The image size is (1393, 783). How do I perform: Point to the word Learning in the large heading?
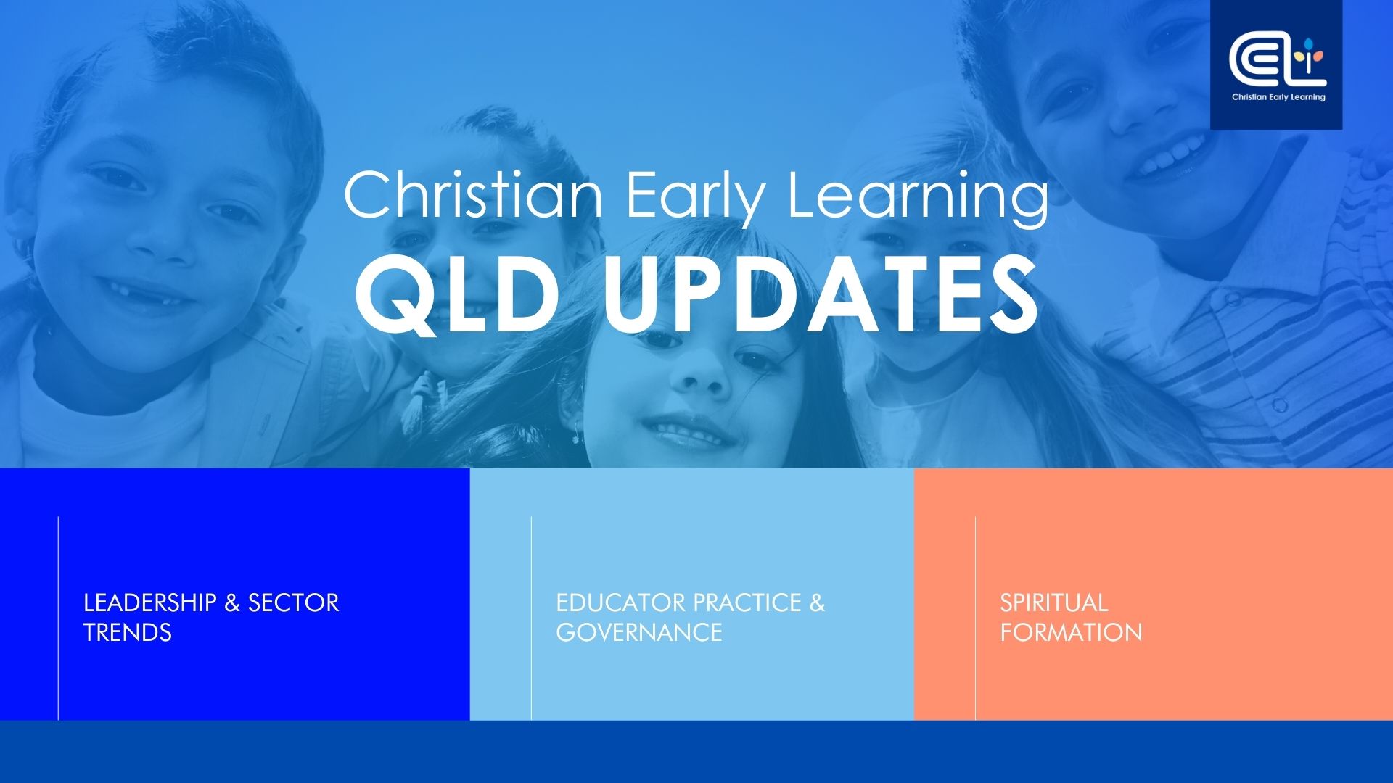(x=918, y=196)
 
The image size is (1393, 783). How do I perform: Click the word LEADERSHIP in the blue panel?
(x=150, y=602)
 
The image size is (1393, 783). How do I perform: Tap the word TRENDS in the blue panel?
(x=128, y=632)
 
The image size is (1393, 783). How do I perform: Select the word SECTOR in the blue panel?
(x=293, y=602)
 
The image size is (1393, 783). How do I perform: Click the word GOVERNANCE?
(x=639, y=632)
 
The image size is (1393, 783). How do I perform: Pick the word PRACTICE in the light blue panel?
(x=747, y=602)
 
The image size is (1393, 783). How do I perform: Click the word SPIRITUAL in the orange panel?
(x=1054, y=602)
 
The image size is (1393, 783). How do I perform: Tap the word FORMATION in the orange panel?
(x=1072, y=632)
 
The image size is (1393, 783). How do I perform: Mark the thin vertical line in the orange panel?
(x=976, y=618)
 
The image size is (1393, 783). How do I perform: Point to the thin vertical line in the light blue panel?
(x=531, y=618)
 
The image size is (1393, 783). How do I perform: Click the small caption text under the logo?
(x=1278, y=97)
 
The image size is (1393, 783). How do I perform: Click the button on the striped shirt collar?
(x=1280, y=404)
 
